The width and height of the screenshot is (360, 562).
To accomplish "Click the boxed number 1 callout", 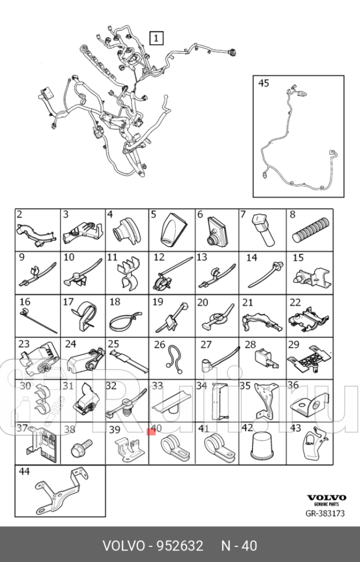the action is coord(156,38).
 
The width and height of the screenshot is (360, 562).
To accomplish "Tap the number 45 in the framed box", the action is coord(264,83).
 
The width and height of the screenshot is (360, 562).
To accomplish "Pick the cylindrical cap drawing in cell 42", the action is coord(263,446).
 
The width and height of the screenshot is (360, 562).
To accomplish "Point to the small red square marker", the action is coord(151,432).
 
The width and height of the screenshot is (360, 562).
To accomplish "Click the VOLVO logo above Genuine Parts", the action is coord(326,498).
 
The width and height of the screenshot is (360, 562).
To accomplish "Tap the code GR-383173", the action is coord(325,513).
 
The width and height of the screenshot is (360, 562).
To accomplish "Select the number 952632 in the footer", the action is coord(178,546).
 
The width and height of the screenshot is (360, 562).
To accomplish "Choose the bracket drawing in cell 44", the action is coord(63,491).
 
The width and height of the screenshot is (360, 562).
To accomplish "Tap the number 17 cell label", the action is coord(68,302).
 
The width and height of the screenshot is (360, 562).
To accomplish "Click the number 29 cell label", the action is coord(294,345).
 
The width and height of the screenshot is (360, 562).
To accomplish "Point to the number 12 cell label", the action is coord(159,257).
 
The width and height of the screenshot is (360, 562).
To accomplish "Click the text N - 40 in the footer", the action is coord(239,546).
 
